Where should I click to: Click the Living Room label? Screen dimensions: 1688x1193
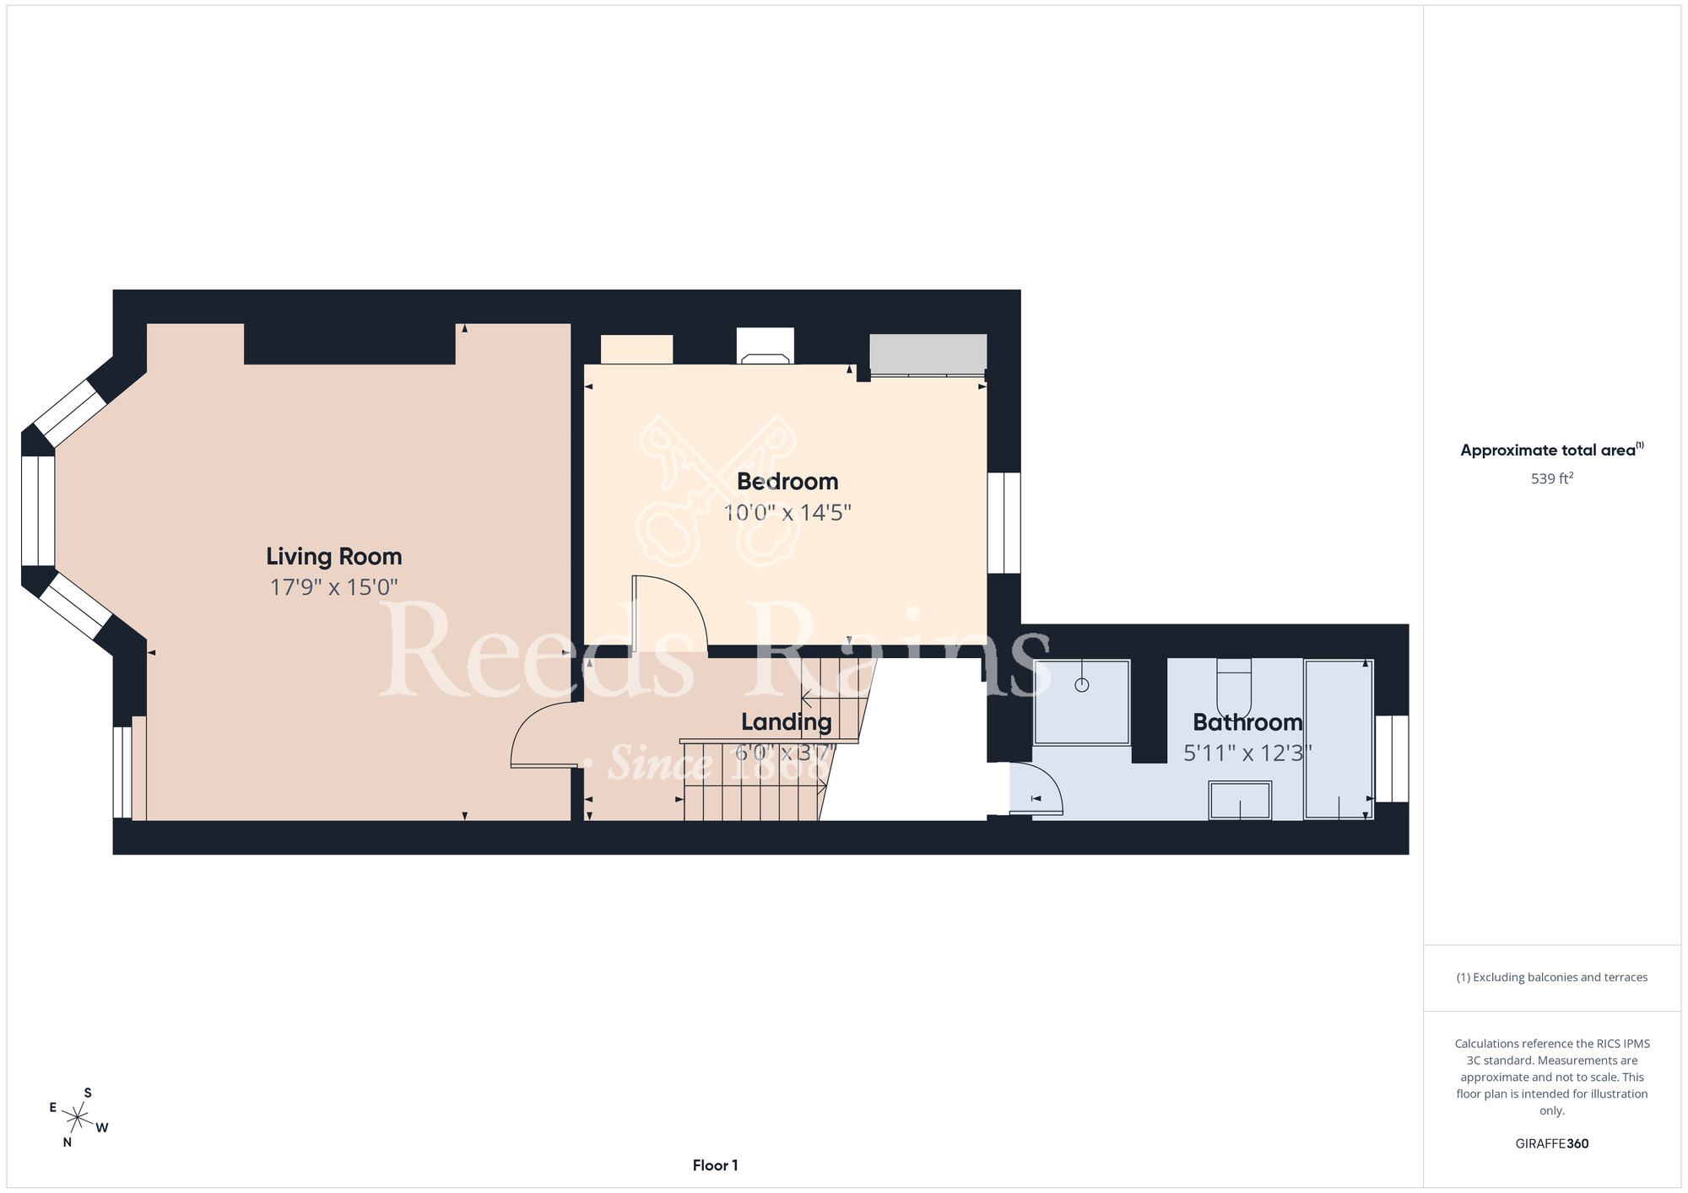point(334,557)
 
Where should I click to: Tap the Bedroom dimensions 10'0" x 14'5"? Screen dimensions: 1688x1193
point(787,512)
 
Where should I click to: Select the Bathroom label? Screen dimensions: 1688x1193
point(1247,722)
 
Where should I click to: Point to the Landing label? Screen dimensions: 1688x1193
point(787,722)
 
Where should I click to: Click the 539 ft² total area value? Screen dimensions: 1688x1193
point(1552,478)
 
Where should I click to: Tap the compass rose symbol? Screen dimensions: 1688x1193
point(78,1119)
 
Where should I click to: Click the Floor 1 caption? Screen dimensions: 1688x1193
point(715,1165)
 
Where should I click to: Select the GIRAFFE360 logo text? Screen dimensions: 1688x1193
point(1552,1144)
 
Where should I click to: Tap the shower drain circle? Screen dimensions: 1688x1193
point(1082,685)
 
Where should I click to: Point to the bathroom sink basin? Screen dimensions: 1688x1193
point(1240,800)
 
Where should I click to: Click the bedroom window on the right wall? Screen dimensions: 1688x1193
point(1004,523)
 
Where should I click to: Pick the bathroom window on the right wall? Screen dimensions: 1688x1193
point(1393,758)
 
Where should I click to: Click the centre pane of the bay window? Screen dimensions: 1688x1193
point(38,510)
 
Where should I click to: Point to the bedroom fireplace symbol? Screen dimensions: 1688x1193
point(766,346)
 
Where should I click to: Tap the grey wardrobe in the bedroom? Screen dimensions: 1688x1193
point(928,354)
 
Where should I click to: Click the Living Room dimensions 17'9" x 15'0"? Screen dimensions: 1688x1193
point(334,587)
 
